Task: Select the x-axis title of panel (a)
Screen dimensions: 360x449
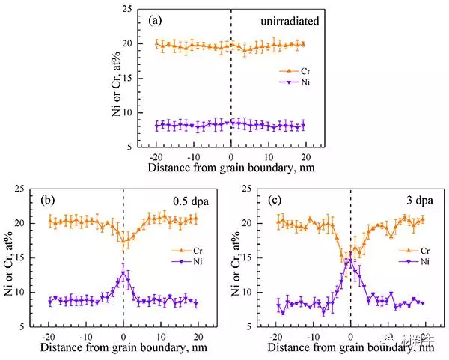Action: point(230,169)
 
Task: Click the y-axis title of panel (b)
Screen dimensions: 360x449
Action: point(10,256)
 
